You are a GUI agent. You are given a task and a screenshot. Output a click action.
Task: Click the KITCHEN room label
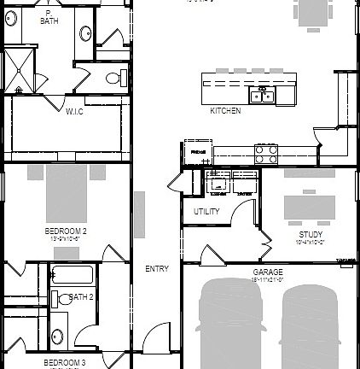click(225, 111)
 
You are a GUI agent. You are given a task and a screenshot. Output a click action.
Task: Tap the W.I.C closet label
click(74, 111)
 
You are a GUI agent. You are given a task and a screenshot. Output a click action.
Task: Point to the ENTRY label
click(157, 269)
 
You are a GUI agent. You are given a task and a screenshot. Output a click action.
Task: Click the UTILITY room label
click(207, 211)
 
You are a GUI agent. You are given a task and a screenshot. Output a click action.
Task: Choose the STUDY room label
click(311, 234)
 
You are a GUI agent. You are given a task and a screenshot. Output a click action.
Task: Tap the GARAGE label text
click(267, 272)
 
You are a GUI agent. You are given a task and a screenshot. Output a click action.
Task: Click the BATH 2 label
click(80, 297)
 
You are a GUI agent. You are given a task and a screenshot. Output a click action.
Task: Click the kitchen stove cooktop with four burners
click(266, 154)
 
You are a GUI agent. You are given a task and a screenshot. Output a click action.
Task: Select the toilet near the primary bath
click(111, 79)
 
